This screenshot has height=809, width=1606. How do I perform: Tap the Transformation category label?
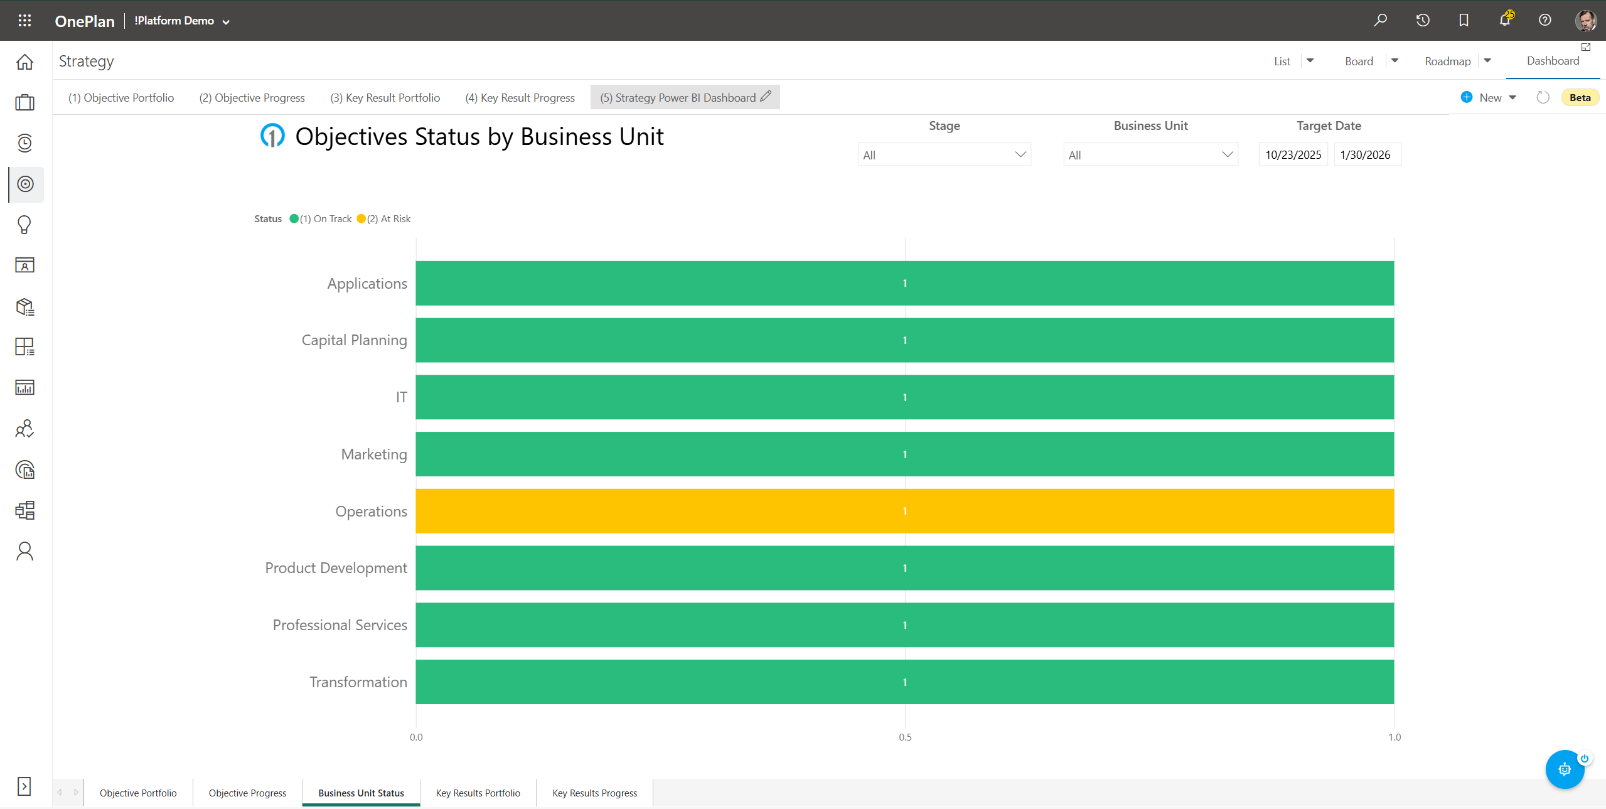tap(358, 682)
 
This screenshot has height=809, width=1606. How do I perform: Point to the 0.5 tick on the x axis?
tap(904, 737)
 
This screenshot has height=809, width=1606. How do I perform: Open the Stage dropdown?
tap(944, 155)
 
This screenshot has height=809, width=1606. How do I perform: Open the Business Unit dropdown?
tap(1150, 155)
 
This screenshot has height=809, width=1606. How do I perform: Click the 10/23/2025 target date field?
tap(1293, 155)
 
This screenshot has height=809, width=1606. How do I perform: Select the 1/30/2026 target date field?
tap(1366, 155)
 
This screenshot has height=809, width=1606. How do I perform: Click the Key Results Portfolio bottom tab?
tap(478, 793)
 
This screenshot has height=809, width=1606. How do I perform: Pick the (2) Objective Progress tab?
tap(252, 98)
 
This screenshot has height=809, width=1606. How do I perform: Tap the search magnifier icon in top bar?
tap(1380, 20)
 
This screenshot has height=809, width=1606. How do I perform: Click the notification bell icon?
tap(1504, 20)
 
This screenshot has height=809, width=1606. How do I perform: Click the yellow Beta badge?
tap(1580, 98)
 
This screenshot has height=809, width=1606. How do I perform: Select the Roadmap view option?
tap(1447, 62)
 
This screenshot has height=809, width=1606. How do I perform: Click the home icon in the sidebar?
tap(25, 62)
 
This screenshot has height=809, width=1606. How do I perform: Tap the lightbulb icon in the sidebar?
tap(24, 225)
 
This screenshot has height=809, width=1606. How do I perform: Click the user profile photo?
tap(1585, 20)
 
